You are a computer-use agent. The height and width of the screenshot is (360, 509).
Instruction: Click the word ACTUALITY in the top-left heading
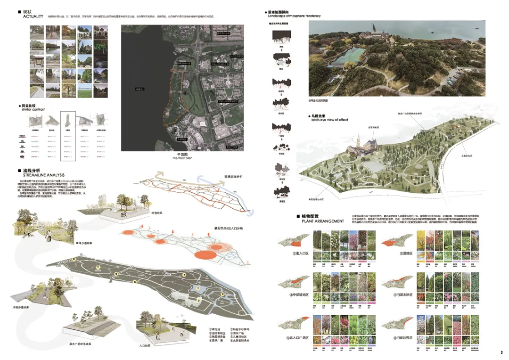click(33, 16)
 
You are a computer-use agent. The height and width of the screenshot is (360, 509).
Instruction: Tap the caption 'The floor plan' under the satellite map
click(182, 158)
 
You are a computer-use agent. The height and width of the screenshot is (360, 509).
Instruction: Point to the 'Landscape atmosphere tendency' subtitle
click(294, 16)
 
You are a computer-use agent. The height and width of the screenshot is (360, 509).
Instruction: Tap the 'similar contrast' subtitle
click(33, 109)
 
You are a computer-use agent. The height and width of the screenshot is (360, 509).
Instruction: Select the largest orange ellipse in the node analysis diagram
click(205, 255)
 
